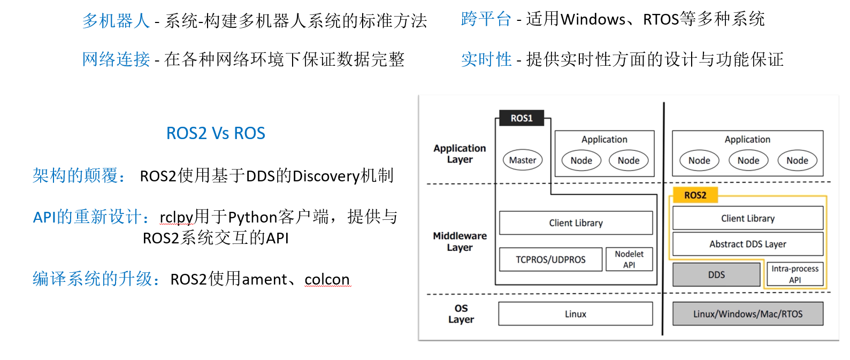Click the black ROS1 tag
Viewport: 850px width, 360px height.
(522, 118)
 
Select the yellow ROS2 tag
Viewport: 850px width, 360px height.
(694, 195)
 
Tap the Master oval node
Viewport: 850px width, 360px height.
(523, 160)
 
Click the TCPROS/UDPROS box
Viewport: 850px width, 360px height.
(550, 259)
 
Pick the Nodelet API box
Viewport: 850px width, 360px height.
(629, 259)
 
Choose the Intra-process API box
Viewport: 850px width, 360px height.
(795, 274)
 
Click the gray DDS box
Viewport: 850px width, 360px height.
(716, 275)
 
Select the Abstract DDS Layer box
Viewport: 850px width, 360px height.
(747, 244)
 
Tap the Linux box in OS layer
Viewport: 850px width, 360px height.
(576, 314)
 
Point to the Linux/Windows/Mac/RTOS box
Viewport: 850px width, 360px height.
(747, 314)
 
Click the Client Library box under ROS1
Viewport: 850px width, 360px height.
(576, 223)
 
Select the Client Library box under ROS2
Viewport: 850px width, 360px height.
(747, 218)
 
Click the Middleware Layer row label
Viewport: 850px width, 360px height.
(460, 241)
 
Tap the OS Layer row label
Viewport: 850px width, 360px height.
(461, 314)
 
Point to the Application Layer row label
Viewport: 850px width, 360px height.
(460, 154)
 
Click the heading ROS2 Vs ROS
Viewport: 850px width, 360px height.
(216, 133)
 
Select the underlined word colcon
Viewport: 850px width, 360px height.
(327, 279)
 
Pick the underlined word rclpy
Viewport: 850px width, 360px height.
(176, 217)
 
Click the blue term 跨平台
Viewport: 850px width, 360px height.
(486, 19)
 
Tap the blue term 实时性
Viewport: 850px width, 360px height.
(486, 59)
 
